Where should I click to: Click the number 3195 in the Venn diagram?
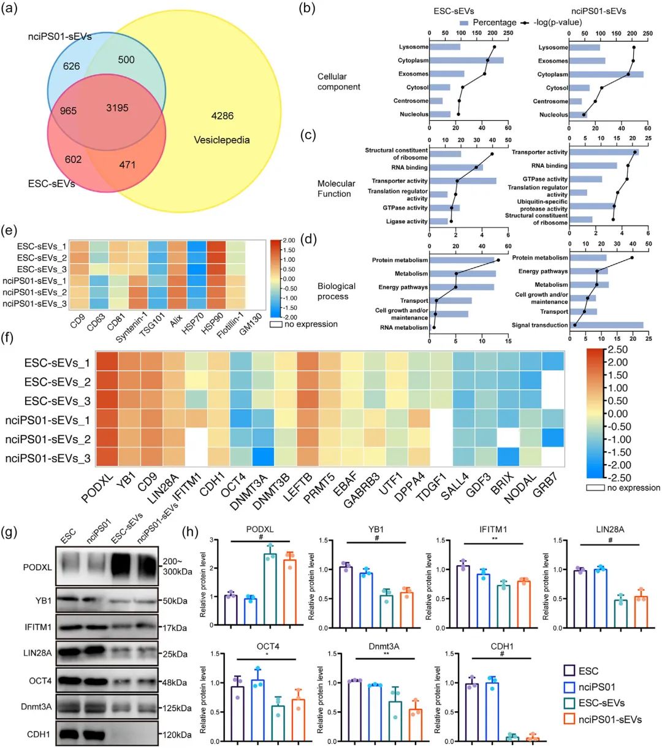pyautogui.click(x=117, y=108)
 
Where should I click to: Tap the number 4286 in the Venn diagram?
pyautogui.click(x=222, y=116)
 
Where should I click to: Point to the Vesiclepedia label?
pyautogui.click(x=222, y=140)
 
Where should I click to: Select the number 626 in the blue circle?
pyautogui.click(x=72, y=66)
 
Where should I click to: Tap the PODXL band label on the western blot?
pyautogui.click(x=39, y=567)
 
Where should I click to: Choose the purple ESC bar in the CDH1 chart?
pyautogui.click(x=471, y=712)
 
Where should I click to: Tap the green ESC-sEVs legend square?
pyautogui.click(x=568, y=703)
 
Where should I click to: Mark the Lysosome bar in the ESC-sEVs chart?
pyautogui.click(x=445, y=47)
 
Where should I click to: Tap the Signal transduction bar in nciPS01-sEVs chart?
pyautogui.click(x=606, y=325)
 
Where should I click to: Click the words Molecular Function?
pyautogui.click(x=336, y=188)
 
